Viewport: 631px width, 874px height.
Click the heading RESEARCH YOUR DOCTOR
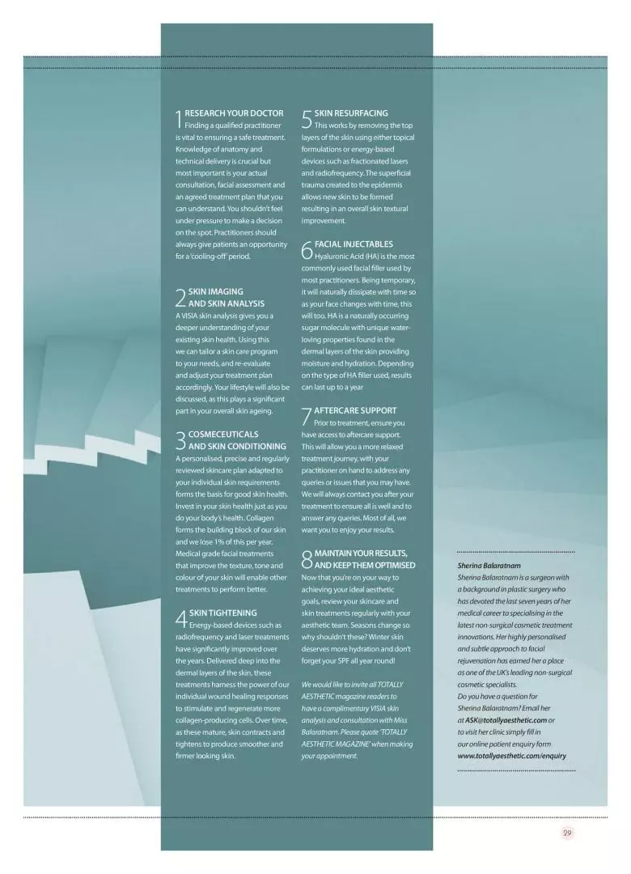coord(234,113)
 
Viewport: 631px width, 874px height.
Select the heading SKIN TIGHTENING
coord(222,613)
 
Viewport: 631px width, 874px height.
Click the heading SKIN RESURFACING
coord(350,113)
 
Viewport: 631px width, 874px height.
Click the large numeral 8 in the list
coord(307,559)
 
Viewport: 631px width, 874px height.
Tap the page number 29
coord(566,833)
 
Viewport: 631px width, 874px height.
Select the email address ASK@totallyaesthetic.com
coord(506,719)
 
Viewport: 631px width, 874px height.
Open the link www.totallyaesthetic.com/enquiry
coord(511,755)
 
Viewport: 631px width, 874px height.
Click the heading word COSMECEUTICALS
coord(223,434)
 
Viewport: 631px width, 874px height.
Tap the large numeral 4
coord(180,619)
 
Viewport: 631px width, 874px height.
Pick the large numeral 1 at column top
coord(179,120)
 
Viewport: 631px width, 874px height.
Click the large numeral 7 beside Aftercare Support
coord(307,416)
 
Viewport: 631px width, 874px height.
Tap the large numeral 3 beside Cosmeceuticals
coord(180,440)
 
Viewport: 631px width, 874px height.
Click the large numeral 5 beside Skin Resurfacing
coord(307,120)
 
